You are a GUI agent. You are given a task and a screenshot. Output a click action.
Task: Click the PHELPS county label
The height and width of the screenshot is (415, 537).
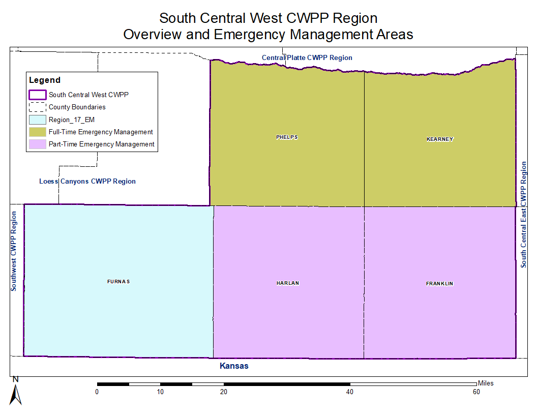tap(287, 137)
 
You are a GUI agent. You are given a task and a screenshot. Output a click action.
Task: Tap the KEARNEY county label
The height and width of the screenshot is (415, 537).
tap(440, 139)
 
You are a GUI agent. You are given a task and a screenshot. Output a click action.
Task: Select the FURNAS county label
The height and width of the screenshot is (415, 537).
tap(118, 282)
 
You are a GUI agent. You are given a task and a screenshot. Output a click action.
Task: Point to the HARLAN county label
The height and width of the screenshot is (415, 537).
tap(288, 283)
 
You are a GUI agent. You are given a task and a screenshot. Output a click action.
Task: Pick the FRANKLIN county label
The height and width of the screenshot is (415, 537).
tap(439, 284)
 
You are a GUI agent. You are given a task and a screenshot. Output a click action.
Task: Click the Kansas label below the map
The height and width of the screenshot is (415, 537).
tap(234, 366)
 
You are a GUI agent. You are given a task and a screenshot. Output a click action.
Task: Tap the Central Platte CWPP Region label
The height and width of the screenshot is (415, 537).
tap(307, 58)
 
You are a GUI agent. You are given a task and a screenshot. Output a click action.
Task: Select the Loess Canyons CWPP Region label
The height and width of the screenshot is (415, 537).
tap(87, 182)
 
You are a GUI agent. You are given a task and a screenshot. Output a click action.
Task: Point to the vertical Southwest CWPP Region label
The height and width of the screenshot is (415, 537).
tap(14, 251)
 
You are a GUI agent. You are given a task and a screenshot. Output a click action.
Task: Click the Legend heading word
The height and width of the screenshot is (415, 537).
tap(45, 80)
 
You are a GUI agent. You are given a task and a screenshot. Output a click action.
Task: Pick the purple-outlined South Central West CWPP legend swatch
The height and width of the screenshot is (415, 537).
tap(38, 95)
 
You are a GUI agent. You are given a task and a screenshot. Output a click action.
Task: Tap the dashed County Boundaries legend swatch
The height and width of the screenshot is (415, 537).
tap(38, 107)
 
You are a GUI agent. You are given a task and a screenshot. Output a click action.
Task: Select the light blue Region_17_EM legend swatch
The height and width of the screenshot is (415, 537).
tap(38, 120)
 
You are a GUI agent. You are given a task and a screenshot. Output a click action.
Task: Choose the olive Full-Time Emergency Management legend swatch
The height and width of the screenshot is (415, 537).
tap(38, 132)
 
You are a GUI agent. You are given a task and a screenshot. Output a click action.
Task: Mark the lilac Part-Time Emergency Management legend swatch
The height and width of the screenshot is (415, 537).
tap(38, 144)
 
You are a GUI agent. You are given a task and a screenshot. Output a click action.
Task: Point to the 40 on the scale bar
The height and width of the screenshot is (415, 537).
tap(350, 392)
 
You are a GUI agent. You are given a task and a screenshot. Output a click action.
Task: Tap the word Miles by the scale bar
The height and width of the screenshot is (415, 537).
tap(486, 383)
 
